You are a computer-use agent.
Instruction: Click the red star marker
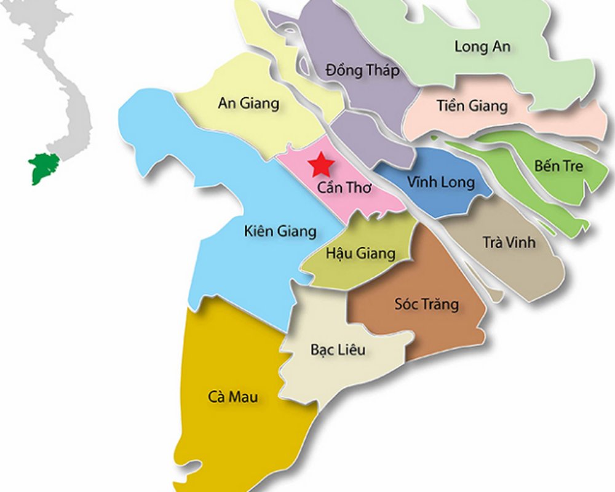click(321, 165)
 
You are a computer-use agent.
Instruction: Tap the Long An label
click(482, 46)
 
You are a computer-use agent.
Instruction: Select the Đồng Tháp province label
click(362, 69)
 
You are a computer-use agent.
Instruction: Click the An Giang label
click(248, 103)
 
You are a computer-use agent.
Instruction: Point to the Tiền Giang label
click(472, 106)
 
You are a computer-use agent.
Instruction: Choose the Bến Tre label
click(558, 166)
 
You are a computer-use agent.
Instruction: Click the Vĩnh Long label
click(441, 182)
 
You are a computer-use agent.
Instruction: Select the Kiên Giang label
click(280, 231)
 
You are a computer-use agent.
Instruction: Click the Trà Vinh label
click(509, 242)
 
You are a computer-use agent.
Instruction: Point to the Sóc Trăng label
click(426, 304)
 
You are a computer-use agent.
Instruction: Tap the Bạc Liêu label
click(338, 350)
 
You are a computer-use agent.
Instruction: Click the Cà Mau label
click(232, 397)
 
